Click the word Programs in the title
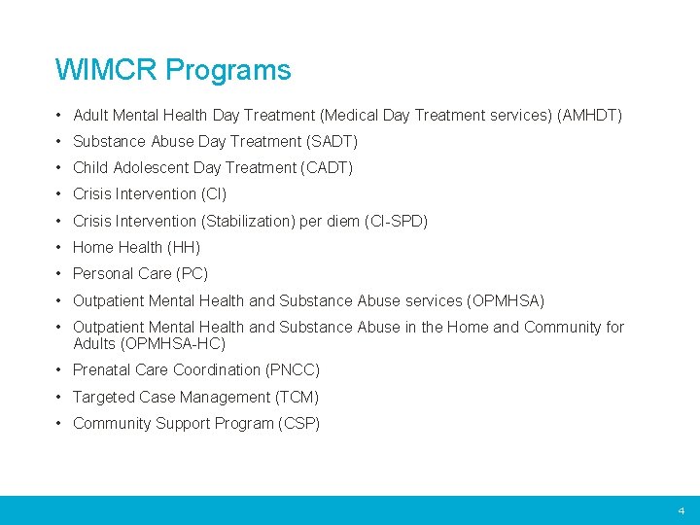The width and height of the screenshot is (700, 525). (227, 71)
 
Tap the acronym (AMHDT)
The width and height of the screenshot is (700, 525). (589, 115)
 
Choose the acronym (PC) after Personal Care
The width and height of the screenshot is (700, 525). (192, 273)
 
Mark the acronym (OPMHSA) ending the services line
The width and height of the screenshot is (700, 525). (506, 300)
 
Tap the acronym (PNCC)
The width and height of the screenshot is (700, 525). (292, 369)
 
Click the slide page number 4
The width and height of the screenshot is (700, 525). (681, 510)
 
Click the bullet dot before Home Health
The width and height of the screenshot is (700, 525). (60, 247)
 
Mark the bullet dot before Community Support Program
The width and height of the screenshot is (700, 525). (60, 423)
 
